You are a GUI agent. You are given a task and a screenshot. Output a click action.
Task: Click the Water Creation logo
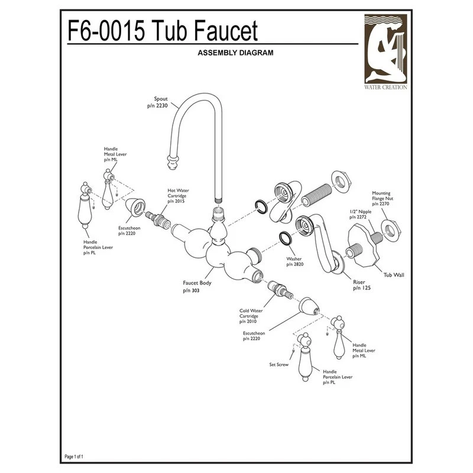pyautogui.click(x=385, y=52)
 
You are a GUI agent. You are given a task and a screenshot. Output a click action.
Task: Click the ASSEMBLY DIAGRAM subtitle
pyautogui.click(x=235, y=53)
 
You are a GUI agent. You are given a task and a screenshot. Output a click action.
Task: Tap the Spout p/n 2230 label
pyautogui.click(x=157, y=102)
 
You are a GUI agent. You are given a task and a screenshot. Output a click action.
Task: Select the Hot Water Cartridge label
pyautogui.click(x=178, y=196)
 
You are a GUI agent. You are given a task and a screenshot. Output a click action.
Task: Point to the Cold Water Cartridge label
pyautogui.click(x=251, y=316)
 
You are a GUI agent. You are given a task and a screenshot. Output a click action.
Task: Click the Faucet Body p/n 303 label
pyautogui.click(x=197, y=287)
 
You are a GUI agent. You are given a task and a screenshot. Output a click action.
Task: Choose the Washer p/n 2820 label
pyautogui.click(x=294, y=261)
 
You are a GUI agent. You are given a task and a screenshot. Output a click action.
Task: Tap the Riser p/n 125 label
pyautogui.click(x=362, y=285)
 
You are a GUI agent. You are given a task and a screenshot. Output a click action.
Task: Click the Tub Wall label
pyautogui.click(x=394, y=275)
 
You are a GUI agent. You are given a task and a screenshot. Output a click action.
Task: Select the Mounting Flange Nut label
pyautogui.click(x=383, y=199)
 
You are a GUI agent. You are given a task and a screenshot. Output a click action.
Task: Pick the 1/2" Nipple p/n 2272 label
pyautogui.click(x=361, y=215)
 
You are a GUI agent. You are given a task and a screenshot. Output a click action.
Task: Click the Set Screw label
pyautogui.click(x=278, y=365)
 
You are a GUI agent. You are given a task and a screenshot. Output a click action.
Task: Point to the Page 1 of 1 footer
pyautogui.click(x=74, y=456)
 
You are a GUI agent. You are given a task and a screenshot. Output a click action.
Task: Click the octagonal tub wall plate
pyautogui.click(x=364, y=245)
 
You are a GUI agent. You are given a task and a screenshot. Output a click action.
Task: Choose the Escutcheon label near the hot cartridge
pyautogui.click(x=129, y=231)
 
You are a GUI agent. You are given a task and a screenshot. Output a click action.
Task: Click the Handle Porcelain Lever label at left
pyautogui.click(x=98, y=247)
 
